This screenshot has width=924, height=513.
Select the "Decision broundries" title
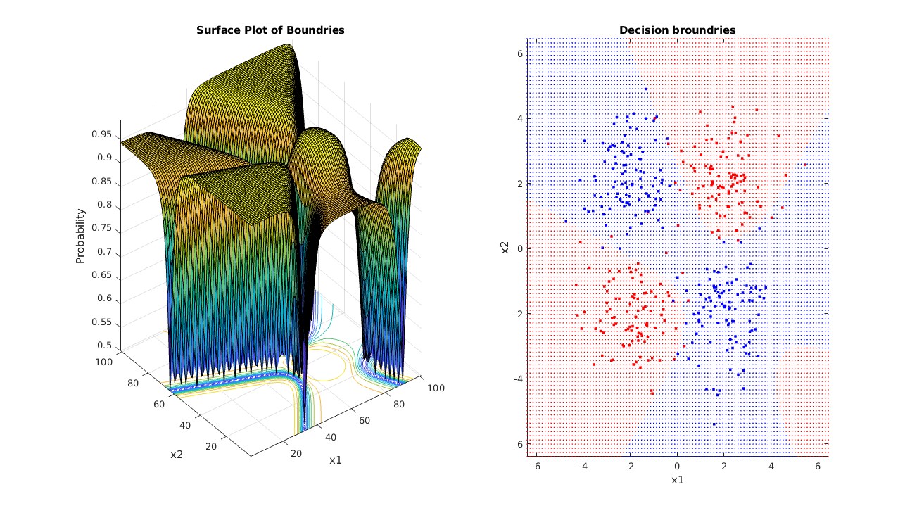[x=677, y=30]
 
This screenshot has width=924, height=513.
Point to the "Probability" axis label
[x=81, y=236]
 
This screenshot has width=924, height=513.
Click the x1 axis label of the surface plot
[x=336, y=460]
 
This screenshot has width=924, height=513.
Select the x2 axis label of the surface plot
[x=177, y=454]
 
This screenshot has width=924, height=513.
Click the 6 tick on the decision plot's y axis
[x=520, y=53]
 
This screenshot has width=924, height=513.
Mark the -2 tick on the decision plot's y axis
[x=518, y=314]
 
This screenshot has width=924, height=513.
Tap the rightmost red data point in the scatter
[x=805, y=165]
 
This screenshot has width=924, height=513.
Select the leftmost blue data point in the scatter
[x=565, y=222]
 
